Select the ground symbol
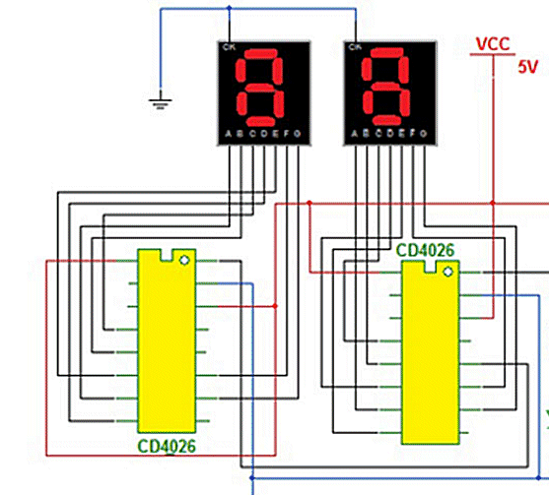coord(158,98)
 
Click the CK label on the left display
coord(229,47)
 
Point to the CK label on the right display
coord(353,47)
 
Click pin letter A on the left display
coord(228,134)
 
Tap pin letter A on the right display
coord(352,134)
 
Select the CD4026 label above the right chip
coord(425,250)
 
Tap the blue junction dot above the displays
coord(229,9)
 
